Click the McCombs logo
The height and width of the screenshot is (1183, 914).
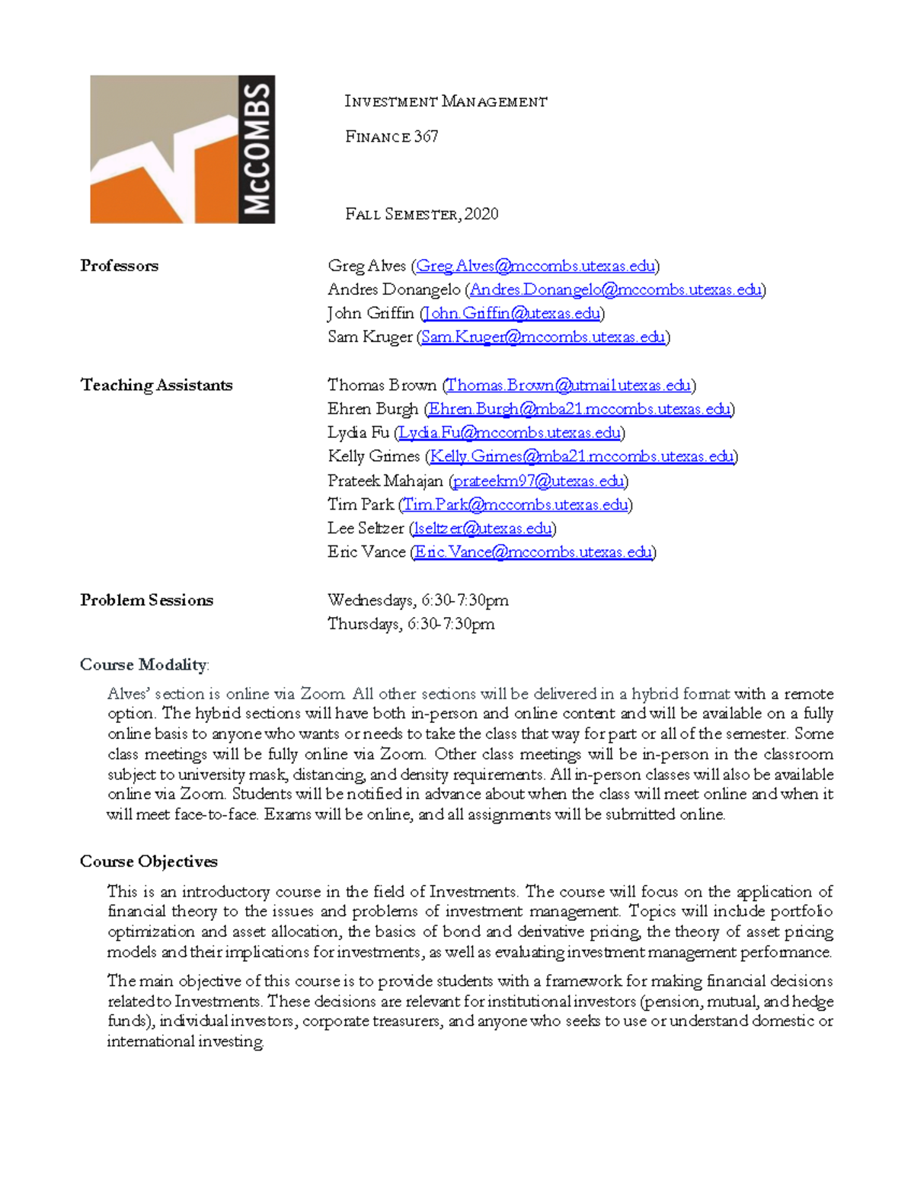pos(182,149)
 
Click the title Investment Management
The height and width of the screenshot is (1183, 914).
pos(446,101)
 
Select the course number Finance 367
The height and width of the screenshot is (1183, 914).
pos(391,137)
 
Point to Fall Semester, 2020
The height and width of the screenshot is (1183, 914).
pos(421,214)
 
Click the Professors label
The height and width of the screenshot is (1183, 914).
pos(120,266)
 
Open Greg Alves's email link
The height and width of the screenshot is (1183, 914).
pos(535,266)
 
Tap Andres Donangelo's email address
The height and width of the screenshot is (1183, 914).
pos(615,289)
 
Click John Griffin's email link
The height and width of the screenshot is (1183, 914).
pos(512,313)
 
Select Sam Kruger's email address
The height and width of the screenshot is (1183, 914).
pos(543,337)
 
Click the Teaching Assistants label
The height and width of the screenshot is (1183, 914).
pos(156,385)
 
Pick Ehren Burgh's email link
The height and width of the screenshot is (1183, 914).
pos(579,409)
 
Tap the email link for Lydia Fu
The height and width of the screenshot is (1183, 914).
pos(510,433)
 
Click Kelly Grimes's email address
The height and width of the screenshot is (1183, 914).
pos(582,456)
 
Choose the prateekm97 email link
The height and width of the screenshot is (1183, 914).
pos(538,481)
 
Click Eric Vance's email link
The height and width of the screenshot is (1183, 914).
pos(533,552)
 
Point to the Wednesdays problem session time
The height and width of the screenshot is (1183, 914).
pos(418,600)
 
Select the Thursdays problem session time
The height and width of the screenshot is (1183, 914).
pos(411,624)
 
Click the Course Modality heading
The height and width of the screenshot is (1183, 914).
pos(143,665)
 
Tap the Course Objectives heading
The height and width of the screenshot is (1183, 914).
pos(149,862)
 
